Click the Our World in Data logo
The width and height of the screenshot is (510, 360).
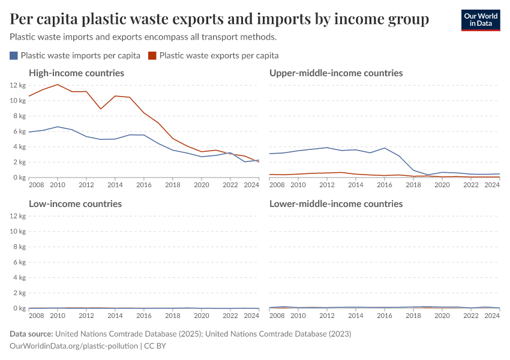(480, 20)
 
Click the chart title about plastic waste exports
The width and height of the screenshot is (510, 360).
(220, 20)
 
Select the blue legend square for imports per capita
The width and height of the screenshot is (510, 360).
(14, 56)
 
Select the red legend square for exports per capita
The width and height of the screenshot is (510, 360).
(152, 56)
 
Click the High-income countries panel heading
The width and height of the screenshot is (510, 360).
(76, 73)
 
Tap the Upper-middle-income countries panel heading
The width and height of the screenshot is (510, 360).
(336, 73)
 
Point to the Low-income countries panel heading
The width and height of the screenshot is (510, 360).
(75, 204)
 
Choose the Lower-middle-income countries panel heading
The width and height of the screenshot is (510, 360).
(336, 204)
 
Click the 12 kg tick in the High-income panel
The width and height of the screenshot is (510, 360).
(17, 85)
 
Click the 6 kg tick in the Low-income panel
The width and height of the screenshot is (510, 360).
(17, 262)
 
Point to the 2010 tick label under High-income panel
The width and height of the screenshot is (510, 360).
(58, 185)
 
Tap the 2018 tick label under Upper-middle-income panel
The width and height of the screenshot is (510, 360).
(413, 185)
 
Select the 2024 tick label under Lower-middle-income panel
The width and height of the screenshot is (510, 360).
(492, 316)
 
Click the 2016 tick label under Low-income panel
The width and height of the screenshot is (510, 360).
(144, 316)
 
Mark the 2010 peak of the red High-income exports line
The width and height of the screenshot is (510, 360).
(58, 85)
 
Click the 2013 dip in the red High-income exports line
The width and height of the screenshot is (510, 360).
(101, 109)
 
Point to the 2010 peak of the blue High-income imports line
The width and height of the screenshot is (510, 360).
(58, 127)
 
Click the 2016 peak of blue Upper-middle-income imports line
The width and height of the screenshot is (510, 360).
(385, 148)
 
